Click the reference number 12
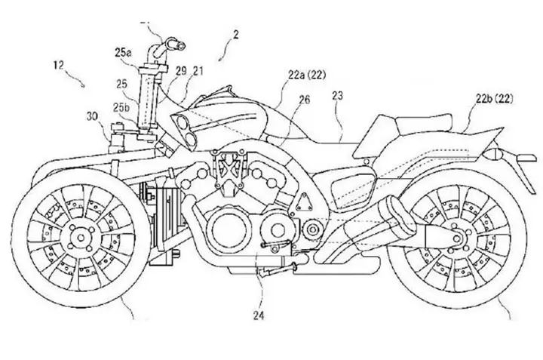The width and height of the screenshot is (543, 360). (x=59, y=65)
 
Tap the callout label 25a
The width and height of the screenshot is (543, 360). (x=123, y=53)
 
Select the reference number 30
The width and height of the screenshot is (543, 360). (x=93, y=117)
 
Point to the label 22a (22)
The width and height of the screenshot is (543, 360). (x=307, y=75)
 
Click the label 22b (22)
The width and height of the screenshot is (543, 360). (x=494, y=99)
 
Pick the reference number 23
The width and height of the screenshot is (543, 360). (x=337, y=96)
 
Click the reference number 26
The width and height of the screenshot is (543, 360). (x=305, y=100)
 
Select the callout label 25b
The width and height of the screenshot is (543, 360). (x=121, y=107)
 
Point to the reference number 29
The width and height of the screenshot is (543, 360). (x=181, y=71)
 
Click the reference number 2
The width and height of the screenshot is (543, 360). (x=236, y=35)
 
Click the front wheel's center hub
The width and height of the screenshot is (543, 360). (x=81, y=238)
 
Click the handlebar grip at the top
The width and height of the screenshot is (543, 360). (x=175, y=45)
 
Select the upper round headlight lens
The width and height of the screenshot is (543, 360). (x=182, y=123)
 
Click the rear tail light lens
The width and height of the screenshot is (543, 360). (x=493, y=154)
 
